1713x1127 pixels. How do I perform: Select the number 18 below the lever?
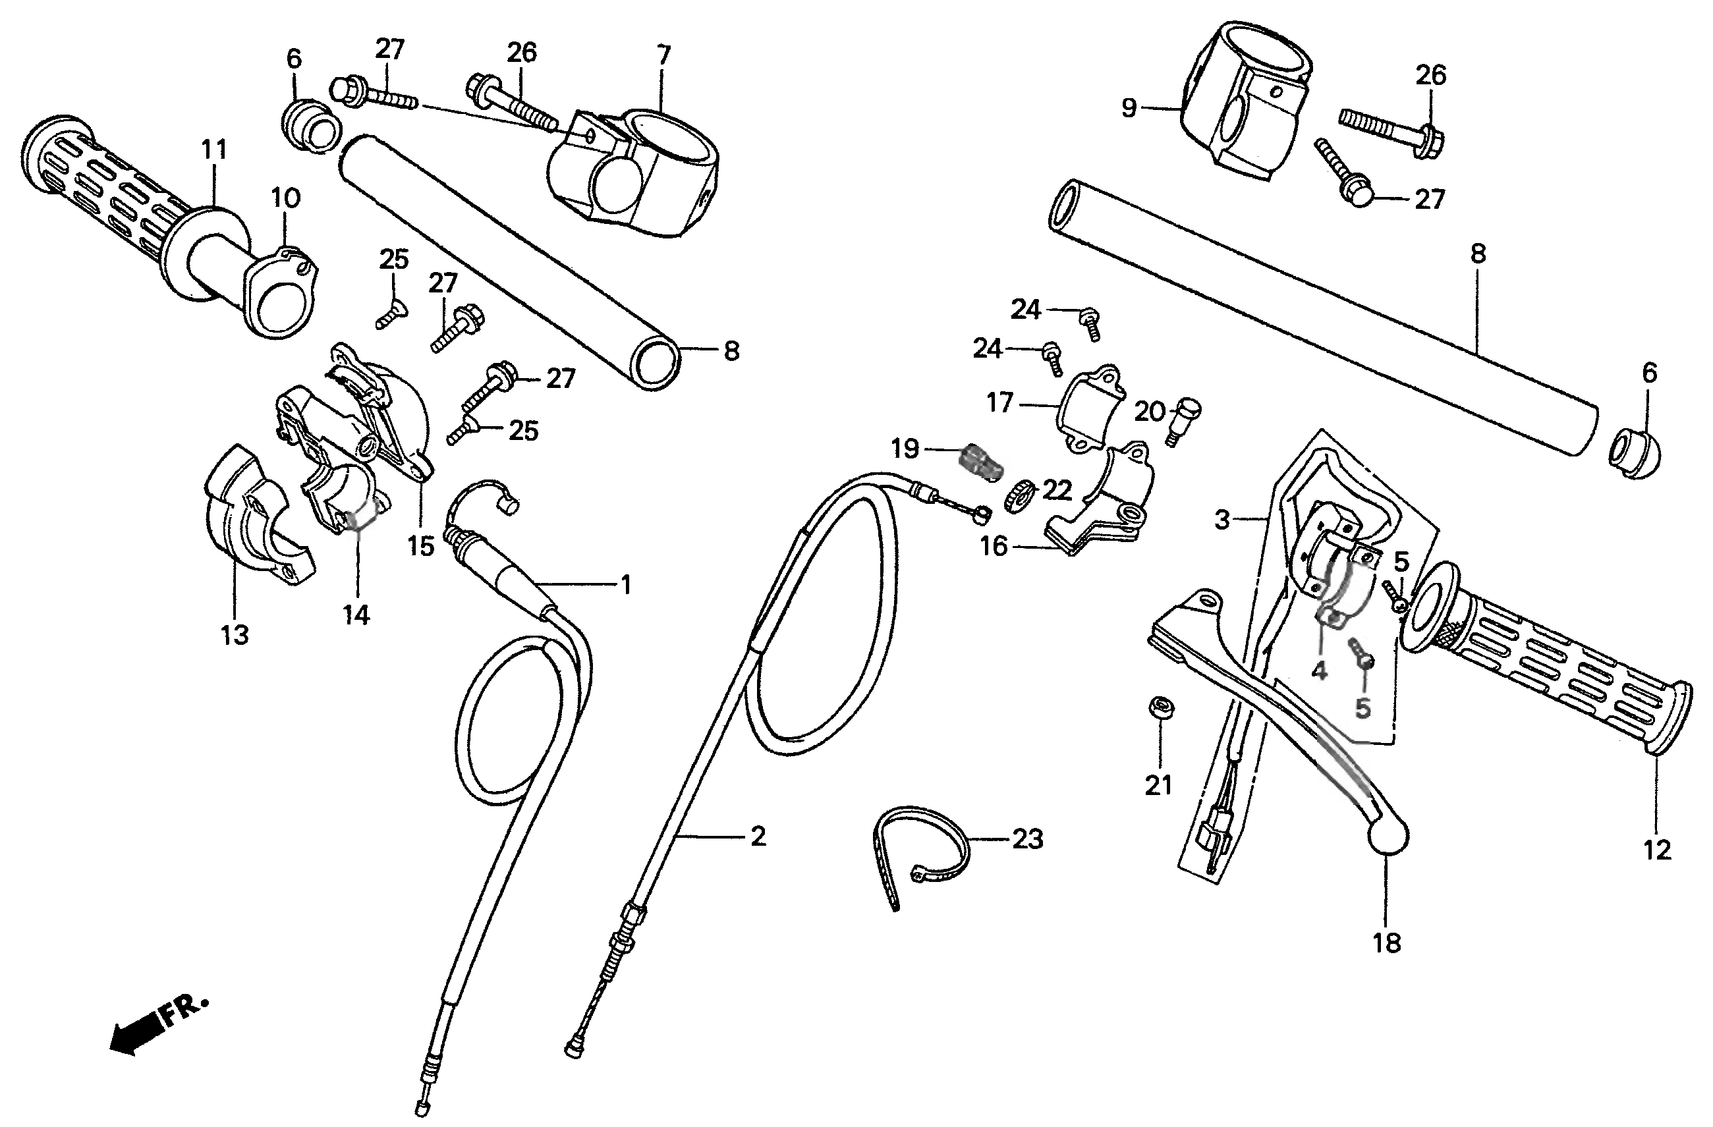click(x=1386, y=943)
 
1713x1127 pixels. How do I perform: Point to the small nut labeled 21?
click(x=1159, y=707)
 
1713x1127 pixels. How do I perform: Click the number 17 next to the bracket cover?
click(x=999, y=402)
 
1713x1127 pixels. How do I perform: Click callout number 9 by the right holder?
click(x=1129, y=108)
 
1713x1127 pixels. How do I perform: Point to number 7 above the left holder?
click(x=663, y=55)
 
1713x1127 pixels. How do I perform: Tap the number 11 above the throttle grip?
click(x=213, y=150)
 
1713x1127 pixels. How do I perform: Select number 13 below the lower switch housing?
click(x=235, y=635)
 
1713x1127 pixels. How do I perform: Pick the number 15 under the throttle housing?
click(x=421, y=546)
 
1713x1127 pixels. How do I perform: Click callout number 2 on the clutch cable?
click(x=758, y=837)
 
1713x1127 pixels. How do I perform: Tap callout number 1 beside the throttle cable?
click(x=626, y=585)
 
